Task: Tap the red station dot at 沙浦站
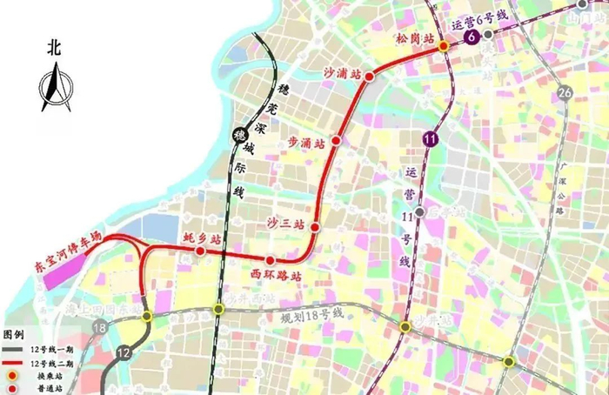pyautogui.click(x=369, y=77)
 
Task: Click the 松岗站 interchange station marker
pyautogui.click(x=443, y=45)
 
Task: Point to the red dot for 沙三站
pyautogui.click(x=315, y=228)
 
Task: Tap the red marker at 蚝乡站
pyautogui.click(x=200, y=251)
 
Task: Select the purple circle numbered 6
pyautogui.click(x=472, y=37)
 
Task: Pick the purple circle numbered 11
pyautogui.click(x=430, y=137)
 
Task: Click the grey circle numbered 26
pyautogui.click(x=565, y=93)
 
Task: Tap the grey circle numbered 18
pyautogui.click(x=100, y=328)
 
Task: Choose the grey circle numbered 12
pyautogui.click(x=124, y=352)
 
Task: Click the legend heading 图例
pyautogui.click(x=14, y=334)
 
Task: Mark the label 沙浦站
pyautogui.click(x=342, y=73)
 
